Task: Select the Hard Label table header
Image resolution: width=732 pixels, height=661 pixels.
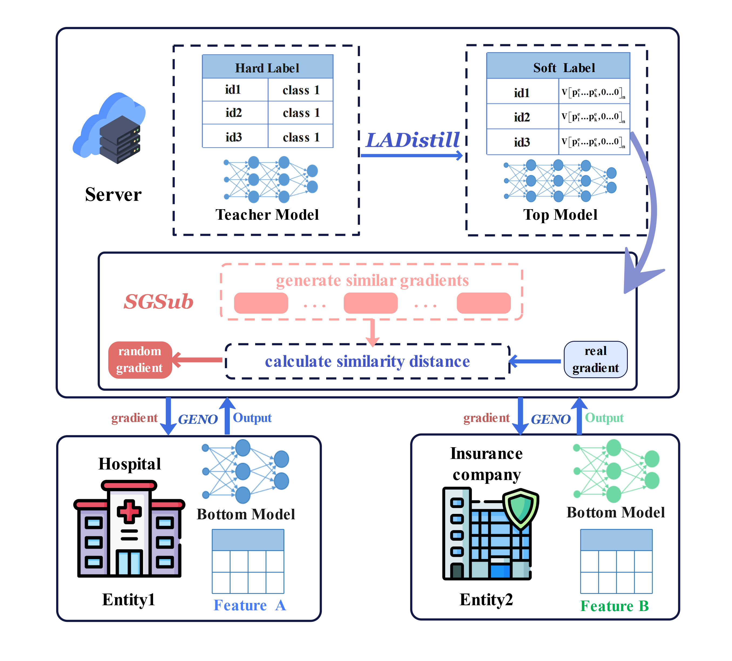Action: pyautogui.click(x=268, y=67)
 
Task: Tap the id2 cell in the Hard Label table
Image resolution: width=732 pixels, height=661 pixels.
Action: pyautogui.click(x=234, y=113)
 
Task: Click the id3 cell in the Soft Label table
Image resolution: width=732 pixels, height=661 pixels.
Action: pyautogui.click(x=522, y=142)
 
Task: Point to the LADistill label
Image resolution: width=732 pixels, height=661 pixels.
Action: pyautogui.click(x=413, y=140)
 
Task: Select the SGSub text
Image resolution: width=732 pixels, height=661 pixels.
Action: pyautogui.click(x=159, y=301)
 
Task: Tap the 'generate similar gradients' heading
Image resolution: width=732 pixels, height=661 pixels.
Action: pyautogui.click(x=372, y=280)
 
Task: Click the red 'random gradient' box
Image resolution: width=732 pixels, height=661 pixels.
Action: pyautogui.click(x=140, y=360)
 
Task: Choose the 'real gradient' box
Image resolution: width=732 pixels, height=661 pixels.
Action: pyautogui.click(x=595, y=359)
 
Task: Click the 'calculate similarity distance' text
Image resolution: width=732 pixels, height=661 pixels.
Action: pyautogui.click(x=367, y=361)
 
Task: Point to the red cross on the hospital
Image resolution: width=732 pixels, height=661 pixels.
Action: pyautogui.click(x=129, y=511)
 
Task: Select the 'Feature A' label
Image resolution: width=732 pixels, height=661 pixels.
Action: pyautogui.click(x=250, y=605)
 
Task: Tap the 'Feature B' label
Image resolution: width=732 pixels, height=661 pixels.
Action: pyautogui.click(x=614, y=606)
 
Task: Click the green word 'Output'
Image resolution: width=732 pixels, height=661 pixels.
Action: pyautogui.click(x=604, y=418)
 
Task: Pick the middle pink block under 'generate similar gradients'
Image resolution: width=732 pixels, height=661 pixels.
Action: pyautogui.click(x=370, y=303)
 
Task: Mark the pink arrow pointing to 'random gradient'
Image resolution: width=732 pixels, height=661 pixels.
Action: pyautogui.click(x=198, y=360)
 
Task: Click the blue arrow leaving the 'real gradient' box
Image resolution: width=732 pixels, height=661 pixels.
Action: pyautogui.click(x=535, y=361)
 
